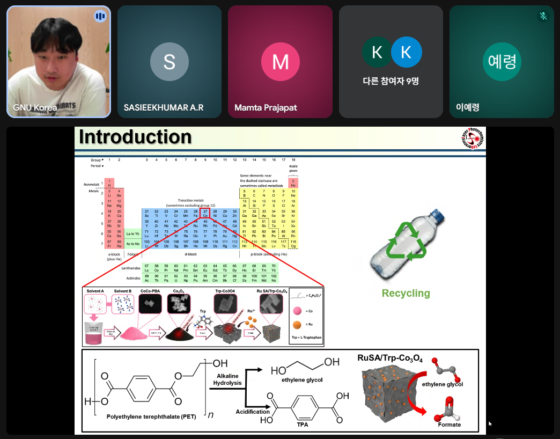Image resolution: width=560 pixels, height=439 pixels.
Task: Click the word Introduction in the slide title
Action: click(135, 137)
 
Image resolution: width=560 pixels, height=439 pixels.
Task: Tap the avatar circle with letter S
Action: click(169, 62)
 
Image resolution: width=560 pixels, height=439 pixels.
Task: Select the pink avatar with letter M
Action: click(280, 62)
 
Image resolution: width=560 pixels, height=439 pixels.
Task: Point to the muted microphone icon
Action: click(543, 16)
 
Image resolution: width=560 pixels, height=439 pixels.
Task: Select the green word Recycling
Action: click(406, 294)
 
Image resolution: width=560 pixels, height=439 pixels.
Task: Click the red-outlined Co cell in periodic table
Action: click(205, 214)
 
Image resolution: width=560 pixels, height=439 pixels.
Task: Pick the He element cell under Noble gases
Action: click(293, 183)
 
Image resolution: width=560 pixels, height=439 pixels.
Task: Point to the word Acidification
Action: click(253, 412)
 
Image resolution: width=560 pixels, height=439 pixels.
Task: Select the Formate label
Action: click(449, 425)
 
